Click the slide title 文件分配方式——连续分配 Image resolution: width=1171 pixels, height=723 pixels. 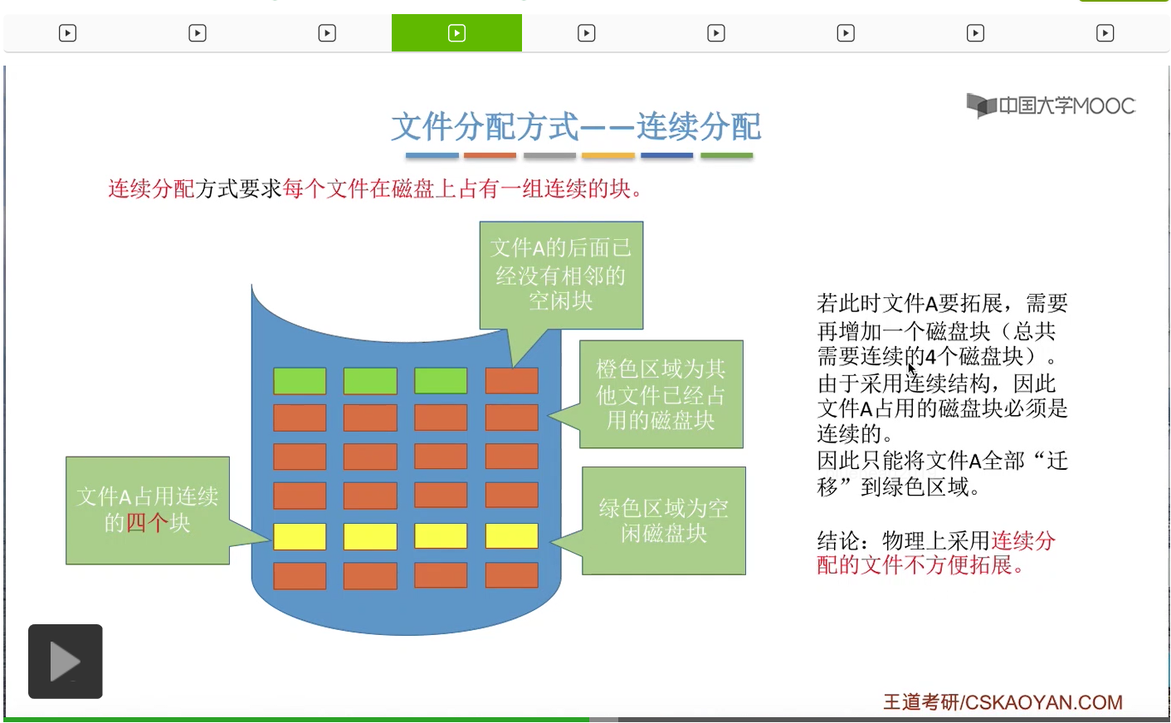[x=576, y=127]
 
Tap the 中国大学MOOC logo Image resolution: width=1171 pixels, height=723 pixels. [x=1051, y=105]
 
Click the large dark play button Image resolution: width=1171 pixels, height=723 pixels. [x=66, y=662]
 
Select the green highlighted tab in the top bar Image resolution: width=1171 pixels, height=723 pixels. [x=456, y=33]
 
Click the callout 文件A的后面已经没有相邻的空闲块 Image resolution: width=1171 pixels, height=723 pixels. [x=561, y=275]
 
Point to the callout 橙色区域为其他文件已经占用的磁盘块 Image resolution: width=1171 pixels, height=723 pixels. [x=661, y=394]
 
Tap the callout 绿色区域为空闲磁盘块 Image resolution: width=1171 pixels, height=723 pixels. [x=664, y=520]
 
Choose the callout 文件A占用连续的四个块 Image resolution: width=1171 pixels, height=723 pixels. [x=148, y=510]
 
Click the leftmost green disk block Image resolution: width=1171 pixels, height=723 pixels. [x=300, y=381]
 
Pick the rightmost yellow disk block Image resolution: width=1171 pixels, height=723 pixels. [x=511, y=536]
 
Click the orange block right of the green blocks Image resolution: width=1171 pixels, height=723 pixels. [x=511, y=381]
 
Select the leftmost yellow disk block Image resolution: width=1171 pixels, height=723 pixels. [x=300, y=536]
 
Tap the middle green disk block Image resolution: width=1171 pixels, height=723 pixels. [x=370, y=381]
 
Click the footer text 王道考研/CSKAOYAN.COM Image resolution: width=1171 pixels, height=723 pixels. [x=1003, y=702]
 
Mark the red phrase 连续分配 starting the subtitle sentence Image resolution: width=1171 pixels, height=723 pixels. [x=151, y=189]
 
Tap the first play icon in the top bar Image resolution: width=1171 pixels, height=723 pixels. [x=68, y=33]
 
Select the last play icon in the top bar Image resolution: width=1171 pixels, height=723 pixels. [x=1105, y=33]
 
